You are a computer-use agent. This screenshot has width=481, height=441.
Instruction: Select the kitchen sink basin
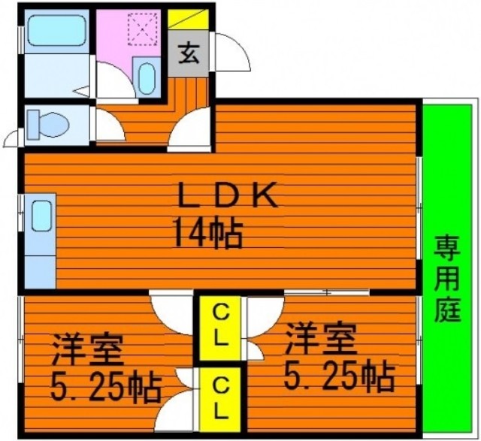click(41, 216)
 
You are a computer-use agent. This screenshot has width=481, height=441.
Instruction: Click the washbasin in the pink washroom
click(147, 79)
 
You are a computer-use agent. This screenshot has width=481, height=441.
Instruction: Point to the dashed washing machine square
click(143, 29)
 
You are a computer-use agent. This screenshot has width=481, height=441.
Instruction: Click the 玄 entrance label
click(189, 54)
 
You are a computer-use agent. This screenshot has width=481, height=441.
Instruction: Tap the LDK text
click(229, 195)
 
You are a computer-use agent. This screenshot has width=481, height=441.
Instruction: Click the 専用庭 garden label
click(447, 279)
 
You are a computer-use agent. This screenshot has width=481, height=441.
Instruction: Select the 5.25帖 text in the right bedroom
click(339, 376)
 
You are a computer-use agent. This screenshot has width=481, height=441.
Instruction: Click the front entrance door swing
click(232, 52)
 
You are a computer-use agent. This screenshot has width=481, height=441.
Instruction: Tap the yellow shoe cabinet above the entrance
click(188, 20)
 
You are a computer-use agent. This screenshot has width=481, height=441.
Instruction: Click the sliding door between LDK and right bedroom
click(327, 292)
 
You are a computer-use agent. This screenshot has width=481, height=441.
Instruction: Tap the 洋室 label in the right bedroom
click(321, 339)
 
